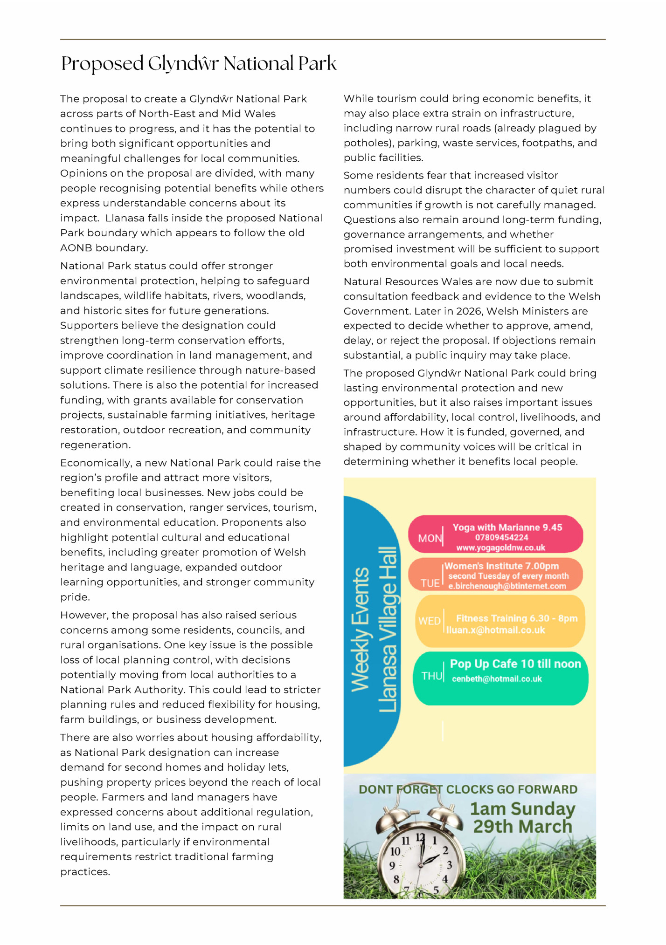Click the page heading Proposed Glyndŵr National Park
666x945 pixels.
(198, 64)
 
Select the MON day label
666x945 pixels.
(430, 539)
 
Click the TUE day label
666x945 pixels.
(430, 583)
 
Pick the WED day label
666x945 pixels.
(430, 621)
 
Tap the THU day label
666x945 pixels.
(431, 676)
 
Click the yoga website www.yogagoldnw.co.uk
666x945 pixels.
(500, 548)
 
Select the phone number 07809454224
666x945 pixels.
(501, 538)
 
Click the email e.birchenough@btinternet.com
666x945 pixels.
(507, 586)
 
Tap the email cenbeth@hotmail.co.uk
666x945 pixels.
(497, 679)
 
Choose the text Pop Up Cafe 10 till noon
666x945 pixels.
(515, 664)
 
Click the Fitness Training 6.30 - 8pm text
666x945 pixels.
(516, 618)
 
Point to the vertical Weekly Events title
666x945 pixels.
(361, 629)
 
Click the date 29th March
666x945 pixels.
(522, 827)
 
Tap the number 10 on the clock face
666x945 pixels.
(395, 851)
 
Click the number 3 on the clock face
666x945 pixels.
(449, 865)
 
